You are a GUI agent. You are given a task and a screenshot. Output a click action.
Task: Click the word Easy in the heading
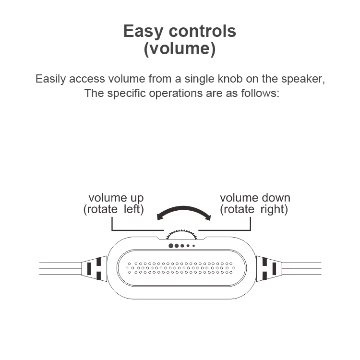pyautogui.click(x=143, y=32)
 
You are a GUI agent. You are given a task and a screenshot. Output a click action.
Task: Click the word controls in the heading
pyautogui.click(x=203, y=31)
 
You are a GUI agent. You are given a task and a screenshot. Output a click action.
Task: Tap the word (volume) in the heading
pyautogui.click(x=180, y=48)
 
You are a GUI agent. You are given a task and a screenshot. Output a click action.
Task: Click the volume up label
pyautogui.click(x=116, y=198)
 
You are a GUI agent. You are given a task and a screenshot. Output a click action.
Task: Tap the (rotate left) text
pyautogui.click(x=113, y=209)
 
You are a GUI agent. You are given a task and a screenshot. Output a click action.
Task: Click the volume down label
pyautogui.click(x=255, y=198)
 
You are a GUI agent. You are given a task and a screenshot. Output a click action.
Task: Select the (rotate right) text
pyautogui.click(x=254, y=209)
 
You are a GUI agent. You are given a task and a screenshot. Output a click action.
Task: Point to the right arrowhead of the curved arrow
pyautogui.click(x=208, y=217)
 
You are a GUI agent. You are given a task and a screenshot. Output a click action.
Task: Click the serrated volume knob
pyautogui.click(x=181, y=235)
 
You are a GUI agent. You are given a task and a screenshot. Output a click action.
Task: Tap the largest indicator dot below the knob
pyautogui.click(x=171, y=246)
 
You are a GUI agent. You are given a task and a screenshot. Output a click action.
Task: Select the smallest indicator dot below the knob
pyautogui.click(x=194, y=246)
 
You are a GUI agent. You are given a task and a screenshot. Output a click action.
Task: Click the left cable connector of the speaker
pyautogui.click(x=95, y=268)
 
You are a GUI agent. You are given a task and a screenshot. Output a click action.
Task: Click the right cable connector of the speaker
pyautogui.click(x=269, y=268)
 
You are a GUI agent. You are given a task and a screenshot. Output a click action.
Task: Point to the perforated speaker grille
pyautogui.click(x=180, y=268)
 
